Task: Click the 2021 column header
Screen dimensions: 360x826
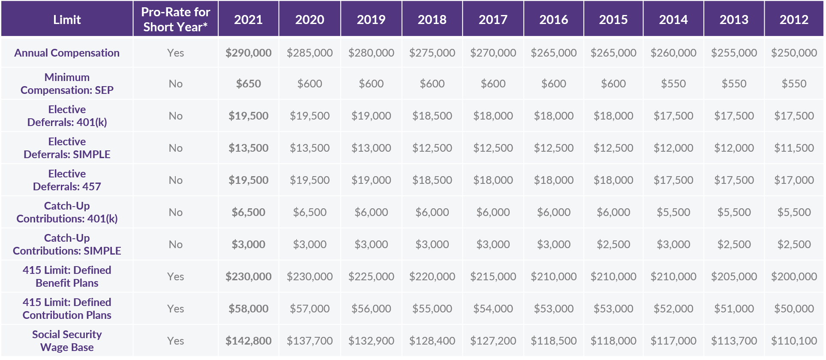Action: click(x=248, y=20)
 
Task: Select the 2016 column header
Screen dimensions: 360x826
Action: click(x=553, y=20)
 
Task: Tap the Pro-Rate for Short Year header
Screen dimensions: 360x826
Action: click(x=175, y=20)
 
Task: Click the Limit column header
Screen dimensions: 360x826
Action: click(x=67, y=20)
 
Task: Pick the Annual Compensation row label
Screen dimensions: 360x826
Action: click(x=67, y=53)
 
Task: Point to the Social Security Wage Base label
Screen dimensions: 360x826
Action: click(x=67, y=341)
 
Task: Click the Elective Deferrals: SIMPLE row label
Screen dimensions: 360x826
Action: click(x=67, y=148)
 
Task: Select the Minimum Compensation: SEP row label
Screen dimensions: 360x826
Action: click(x=67, y=84)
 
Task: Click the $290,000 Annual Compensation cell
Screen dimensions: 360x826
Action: click(x=248, y=53)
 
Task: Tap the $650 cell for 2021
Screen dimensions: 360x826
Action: click(x=248, y=84)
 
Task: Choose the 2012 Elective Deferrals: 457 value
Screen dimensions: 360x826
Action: click(x=794, y=180)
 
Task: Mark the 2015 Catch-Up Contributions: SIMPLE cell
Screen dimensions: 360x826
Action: click(x=613, y=244)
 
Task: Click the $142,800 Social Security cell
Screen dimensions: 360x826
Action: click(x=248, y=341)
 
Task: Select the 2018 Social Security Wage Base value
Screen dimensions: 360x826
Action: click(x=432, y=341)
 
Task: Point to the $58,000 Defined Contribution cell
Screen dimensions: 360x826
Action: click(x=248, y=309)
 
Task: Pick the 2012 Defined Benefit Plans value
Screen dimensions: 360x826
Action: click(x=794, y=276)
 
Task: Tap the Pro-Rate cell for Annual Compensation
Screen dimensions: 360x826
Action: click(x=175, y=53)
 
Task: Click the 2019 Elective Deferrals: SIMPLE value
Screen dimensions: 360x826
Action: click(x=371, y=148)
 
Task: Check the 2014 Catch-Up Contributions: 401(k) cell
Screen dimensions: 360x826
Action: click(x=673, y=212)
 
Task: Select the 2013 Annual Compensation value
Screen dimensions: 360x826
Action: click(x=734, y=53)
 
